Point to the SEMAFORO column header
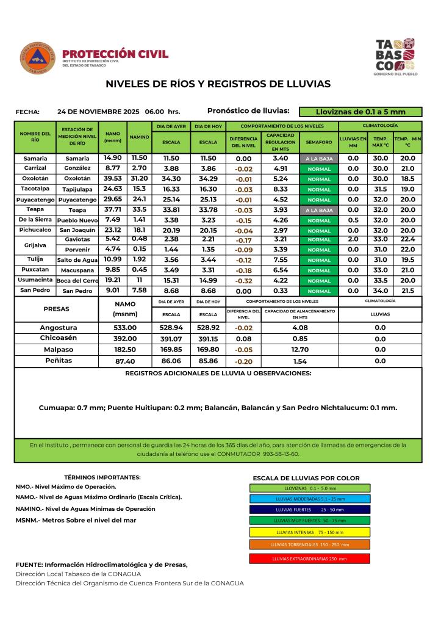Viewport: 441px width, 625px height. click(x=319, y=142)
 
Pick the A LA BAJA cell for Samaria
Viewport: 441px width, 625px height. click(x=319, y=159)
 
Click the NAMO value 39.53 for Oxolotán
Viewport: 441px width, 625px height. click(x=113, y=179)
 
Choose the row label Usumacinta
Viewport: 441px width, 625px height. click(x=34, y=280)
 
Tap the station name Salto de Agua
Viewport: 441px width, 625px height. click(x=77, y=260)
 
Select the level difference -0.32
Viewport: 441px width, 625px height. click(x=244, y=281)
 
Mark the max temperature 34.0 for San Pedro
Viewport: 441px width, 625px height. click(x=381, y=291)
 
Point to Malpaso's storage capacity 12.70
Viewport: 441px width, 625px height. click(x=299, y=350)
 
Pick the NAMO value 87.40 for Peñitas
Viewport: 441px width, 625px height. click(x=125, y=361)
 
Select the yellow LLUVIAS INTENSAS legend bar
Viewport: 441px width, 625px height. click(x=309, y=532)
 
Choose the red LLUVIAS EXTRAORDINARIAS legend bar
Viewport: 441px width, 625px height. click(x=309, y=558)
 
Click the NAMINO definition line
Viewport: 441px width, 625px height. click(x=85, y=508)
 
